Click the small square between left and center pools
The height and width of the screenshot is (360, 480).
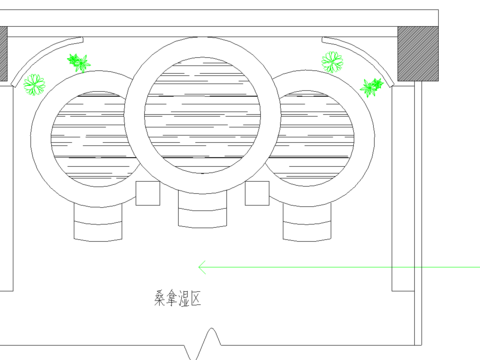[147, 193]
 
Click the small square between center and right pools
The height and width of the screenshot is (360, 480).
[258, 193]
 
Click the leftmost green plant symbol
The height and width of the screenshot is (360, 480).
[35, 85]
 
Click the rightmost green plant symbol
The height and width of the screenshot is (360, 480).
[373, 87]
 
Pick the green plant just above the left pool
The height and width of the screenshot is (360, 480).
[78, 63]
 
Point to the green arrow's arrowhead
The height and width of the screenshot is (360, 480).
[202, 266]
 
